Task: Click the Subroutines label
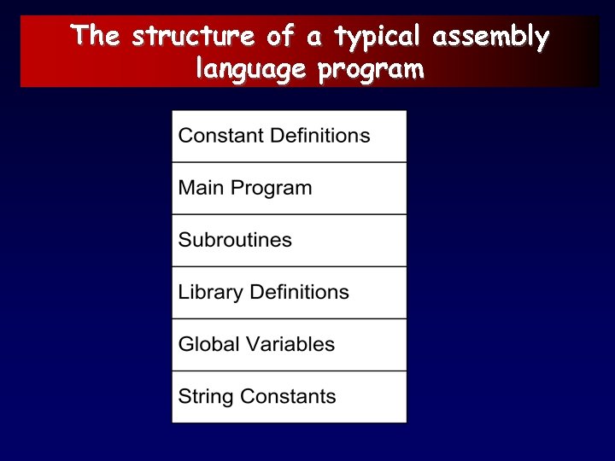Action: coord(235,240)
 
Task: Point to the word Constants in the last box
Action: coord(288,396)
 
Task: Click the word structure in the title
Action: coord(193,38)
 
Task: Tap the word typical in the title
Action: coord(378,38)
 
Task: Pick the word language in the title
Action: coord(250,69)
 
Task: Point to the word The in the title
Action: coord(97,38)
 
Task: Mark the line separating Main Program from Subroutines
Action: coord(289,214)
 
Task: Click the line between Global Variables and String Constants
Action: coord(289,371)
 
